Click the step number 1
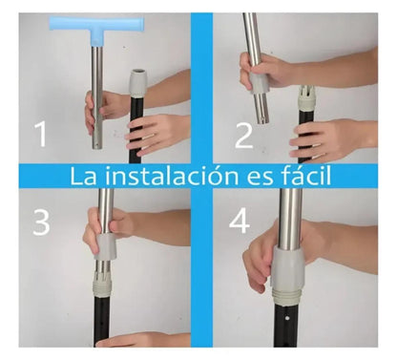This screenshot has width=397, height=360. [x=41, y=136]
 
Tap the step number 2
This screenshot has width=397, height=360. [x=243, y=136]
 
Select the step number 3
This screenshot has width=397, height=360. [x=41, y=221]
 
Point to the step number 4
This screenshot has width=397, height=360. [x=240, y=221]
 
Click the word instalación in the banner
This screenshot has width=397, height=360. [x=178, y=177]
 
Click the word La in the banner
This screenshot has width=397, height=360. [x=82, y=177]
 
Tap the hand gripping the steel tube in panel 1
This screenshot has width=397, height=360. [x=98, y=110]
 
